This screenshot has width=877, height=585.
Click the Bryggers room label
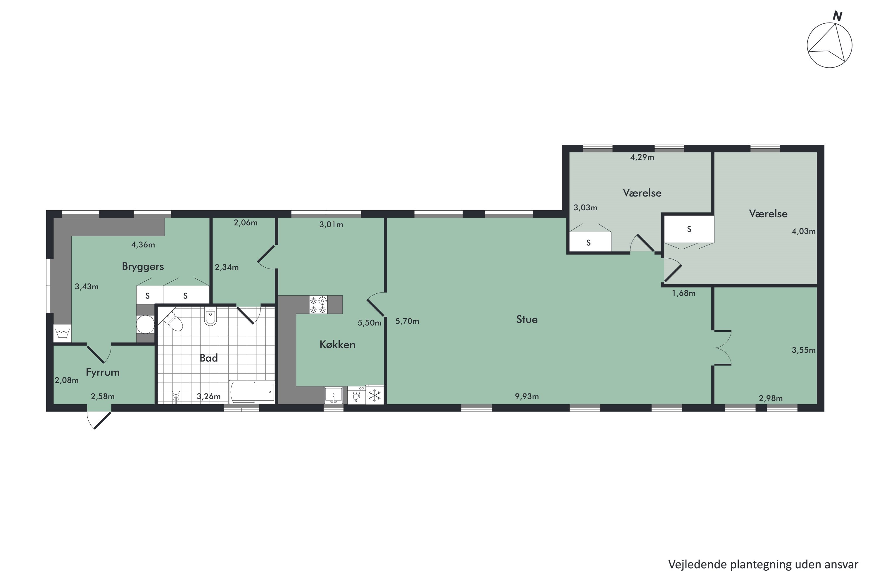coord(143,267)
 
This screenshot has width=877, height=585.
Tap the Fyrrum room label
coord(103,372)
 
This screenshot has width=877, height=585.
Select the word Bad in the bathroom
coord(208,358)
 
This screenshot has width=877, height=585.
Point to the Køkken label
coord(337,344)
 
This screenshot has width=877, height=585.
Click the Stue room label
coord(527,319)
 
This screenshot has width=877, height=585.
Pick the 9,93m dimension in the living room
coord(527,396)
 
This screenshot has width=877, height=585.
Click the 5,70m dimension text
coord(407,321)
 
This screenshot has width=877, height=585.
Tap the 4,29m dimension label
coord(642,157)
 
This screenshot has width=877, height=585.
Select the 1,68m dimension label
coord(683,293)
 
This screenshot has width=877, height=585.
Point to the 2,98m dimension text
coord(771,398)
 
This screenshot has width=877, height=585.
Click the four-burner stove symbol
coord(318,304)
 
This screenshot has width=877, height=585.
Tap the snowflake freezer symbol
coord(375,395)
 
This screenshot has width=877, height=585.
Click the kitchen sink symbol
coord(333,395)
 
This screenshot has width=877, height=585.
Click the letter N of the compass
coord(838,16)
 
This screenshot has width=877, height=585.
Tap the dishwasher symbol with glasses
coord(356,395)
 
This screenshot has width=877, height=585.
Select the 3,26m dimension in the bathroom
coord(208,396)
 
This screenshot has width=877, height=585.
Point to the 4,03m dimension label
coord(804,231)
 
